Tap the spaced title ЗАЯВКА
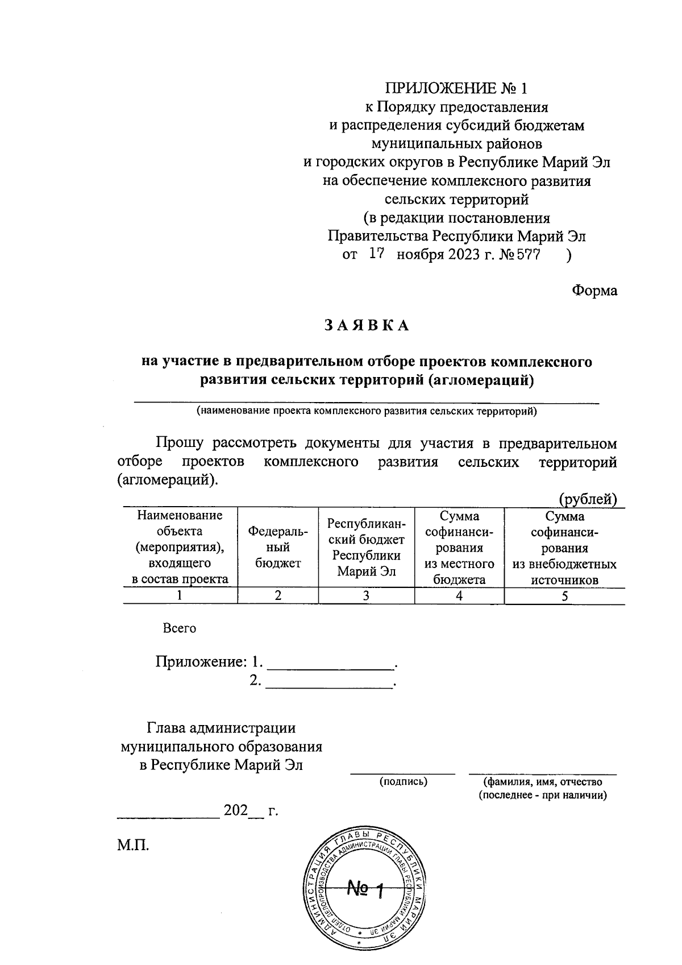coord(367,325)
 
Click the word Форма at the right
coord(594,290)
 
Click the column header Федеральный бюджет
coord(278,547)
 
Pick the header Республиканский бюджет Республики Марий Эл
coord(367,547)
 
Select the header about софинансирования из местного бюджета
coord(459,548)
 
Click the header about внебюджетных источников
coord(564,548)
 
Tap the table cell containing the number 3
coord(367,595)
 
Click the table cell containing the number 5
coord(564,595)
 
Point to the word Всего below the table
coord(179,628)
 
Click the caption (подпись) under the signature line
coord(403,781)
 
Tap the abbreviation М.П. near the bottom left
coord(133,845)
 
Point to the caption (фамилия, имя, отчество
coord(543,781)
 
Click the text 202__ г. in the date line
coord(250,810)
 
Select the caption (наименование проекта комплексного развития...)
coord(367,411)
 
